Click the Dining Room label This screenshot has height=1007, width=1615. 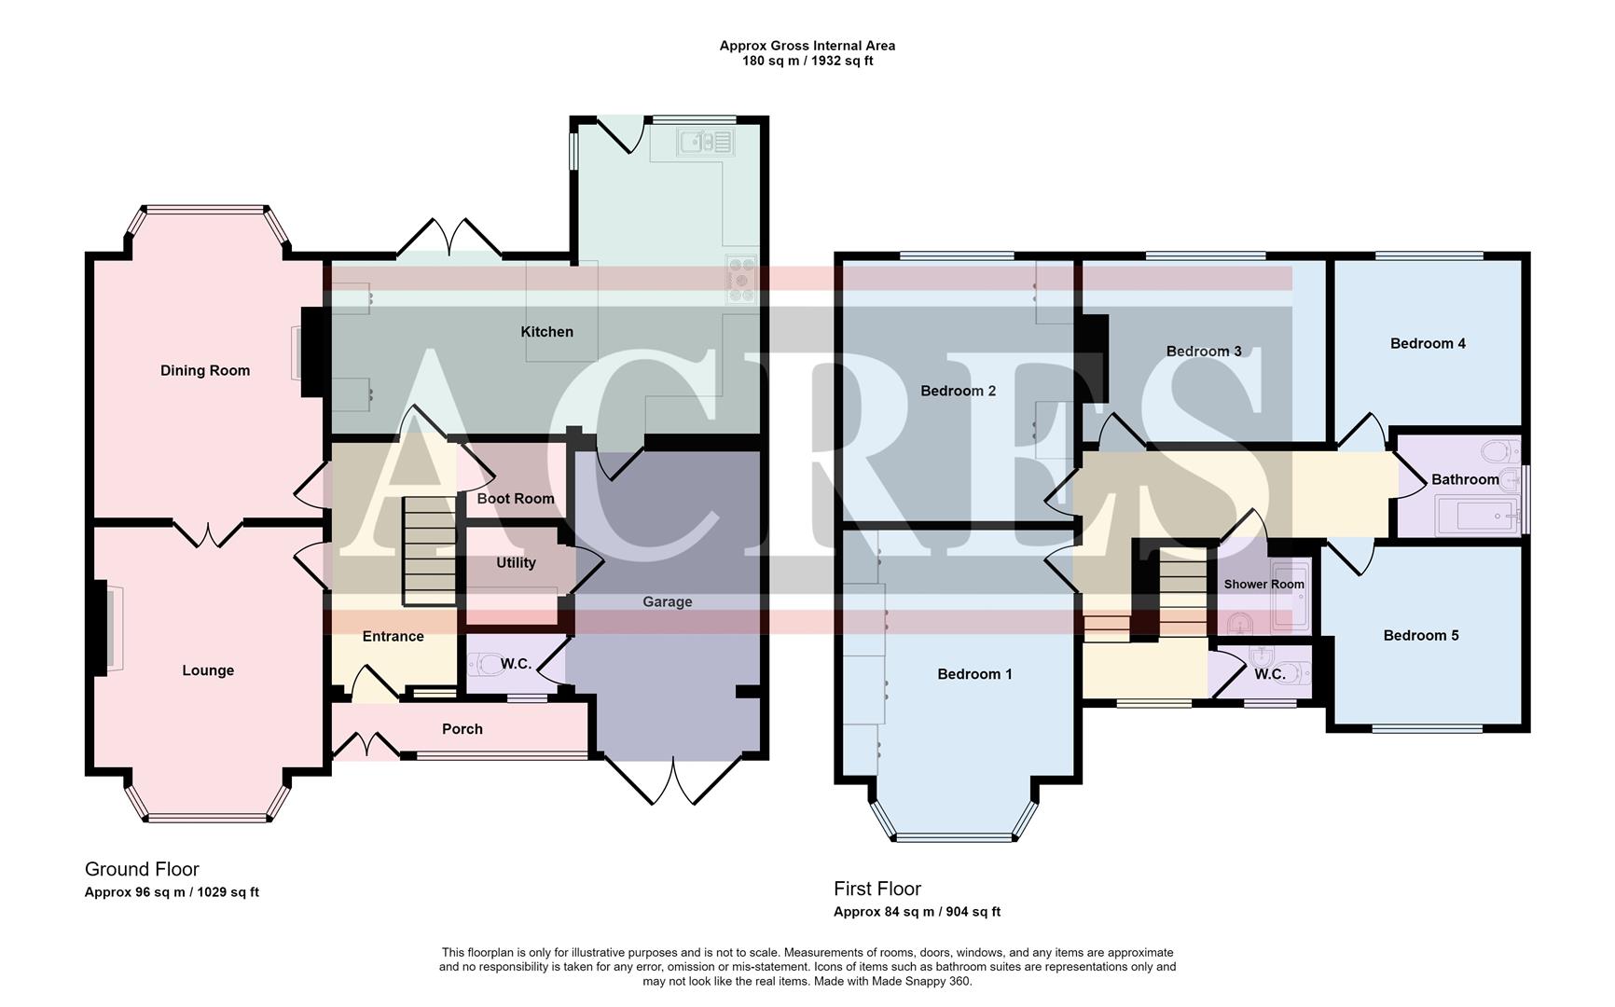coord(205,370)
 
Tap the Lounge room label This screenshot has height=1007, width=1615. coord(208,670)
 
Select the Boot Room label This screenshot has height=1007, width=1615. coord(516,498)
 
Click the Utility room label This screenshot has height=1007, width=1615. coord(516,562)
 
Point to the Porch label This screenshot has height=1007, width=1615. coord(462,729)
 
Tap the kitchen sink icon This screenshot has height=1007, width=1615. coord(706,142)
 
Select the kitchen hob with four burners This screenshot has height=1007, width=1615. coord(741,279)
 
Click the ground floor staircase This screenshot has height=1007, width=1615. coord(429,551)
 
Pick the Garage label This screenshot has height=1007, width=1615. coord(667,601)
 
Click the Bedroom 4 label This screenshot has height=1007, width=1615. coord(1428,343)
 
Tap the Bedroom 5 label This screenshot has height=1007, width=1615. coord(1421,635)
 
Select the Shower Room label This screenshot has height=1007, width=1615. coord(1263,584)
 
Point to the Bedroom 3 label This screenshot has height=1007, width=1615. coord(1204,351)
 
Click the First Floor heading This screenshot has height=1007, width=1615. coord(877,889)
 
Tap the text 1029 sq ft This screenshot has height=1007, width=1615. coord(229,892)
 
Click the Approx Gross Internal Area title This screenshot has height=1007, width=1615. coord(807,46)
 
